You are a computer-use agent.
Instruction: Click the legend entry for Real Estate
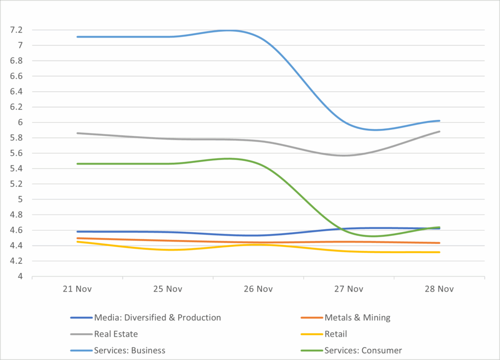pos(116,334)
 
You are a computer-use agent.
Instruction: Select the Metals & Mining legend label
pos(357,318)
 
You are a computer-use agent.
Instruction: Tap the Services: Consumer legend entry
pos(363,350)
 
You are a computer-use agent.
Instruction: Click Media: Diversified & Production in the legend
pos(157,318)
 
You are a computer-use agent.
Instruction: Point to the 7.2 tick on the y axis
pos(16,30)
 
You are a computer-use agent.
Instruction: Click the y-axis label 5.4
pos(16,169)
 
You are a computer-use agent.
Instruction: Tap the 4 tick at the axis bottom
pos(20,277)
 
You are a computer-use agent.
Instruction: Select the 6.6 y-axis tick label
pos(16,76)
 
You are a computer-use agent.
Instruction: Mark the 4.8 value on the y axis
pos(16,215)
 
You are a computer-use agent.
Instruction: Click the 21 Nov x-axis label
pos(77,289)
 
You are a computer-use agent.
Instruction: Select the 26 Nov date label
pos(258,289)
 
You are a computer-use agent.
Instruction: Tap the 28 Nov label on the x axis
pos(439,289)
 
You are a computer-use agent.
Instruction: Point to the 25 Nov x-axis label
pos(167,289)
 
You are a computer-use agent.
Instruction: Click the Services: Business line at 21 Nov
pos(77,37)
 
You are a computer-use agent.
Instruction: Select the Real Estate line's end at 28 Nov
pos(439,131)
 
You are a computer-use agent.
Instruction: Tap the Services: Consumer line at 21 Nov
pos(77,164)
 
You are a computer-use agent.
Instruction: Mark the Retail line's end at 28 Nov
pos(439,252)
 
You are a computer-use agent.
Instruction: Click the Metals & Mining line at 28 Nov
pos(439,243)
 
